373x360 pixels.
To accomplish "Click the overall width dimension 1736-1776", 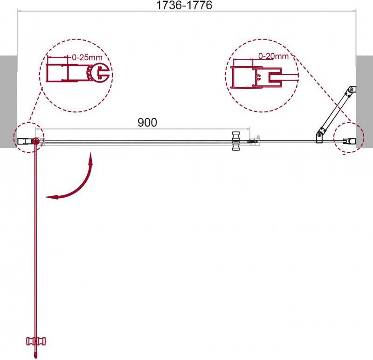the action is coord(184,5).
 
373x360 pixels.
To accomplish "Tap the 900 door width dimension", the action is coord(147,122).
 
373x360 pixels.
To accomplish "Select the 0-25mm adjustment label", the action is coord(87,57).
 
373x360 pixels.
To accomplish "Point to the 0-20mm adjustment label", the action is coord(273,56).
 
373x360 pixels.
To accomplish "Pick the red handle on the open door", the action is coord(36,341).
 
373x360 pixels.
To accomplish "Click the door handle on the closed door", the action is coord(236,141).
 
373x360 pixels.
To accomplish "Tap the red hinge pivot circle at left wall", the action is coord(36,141).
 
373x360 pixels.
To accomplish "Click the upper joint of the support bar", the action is coord(352,90).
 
